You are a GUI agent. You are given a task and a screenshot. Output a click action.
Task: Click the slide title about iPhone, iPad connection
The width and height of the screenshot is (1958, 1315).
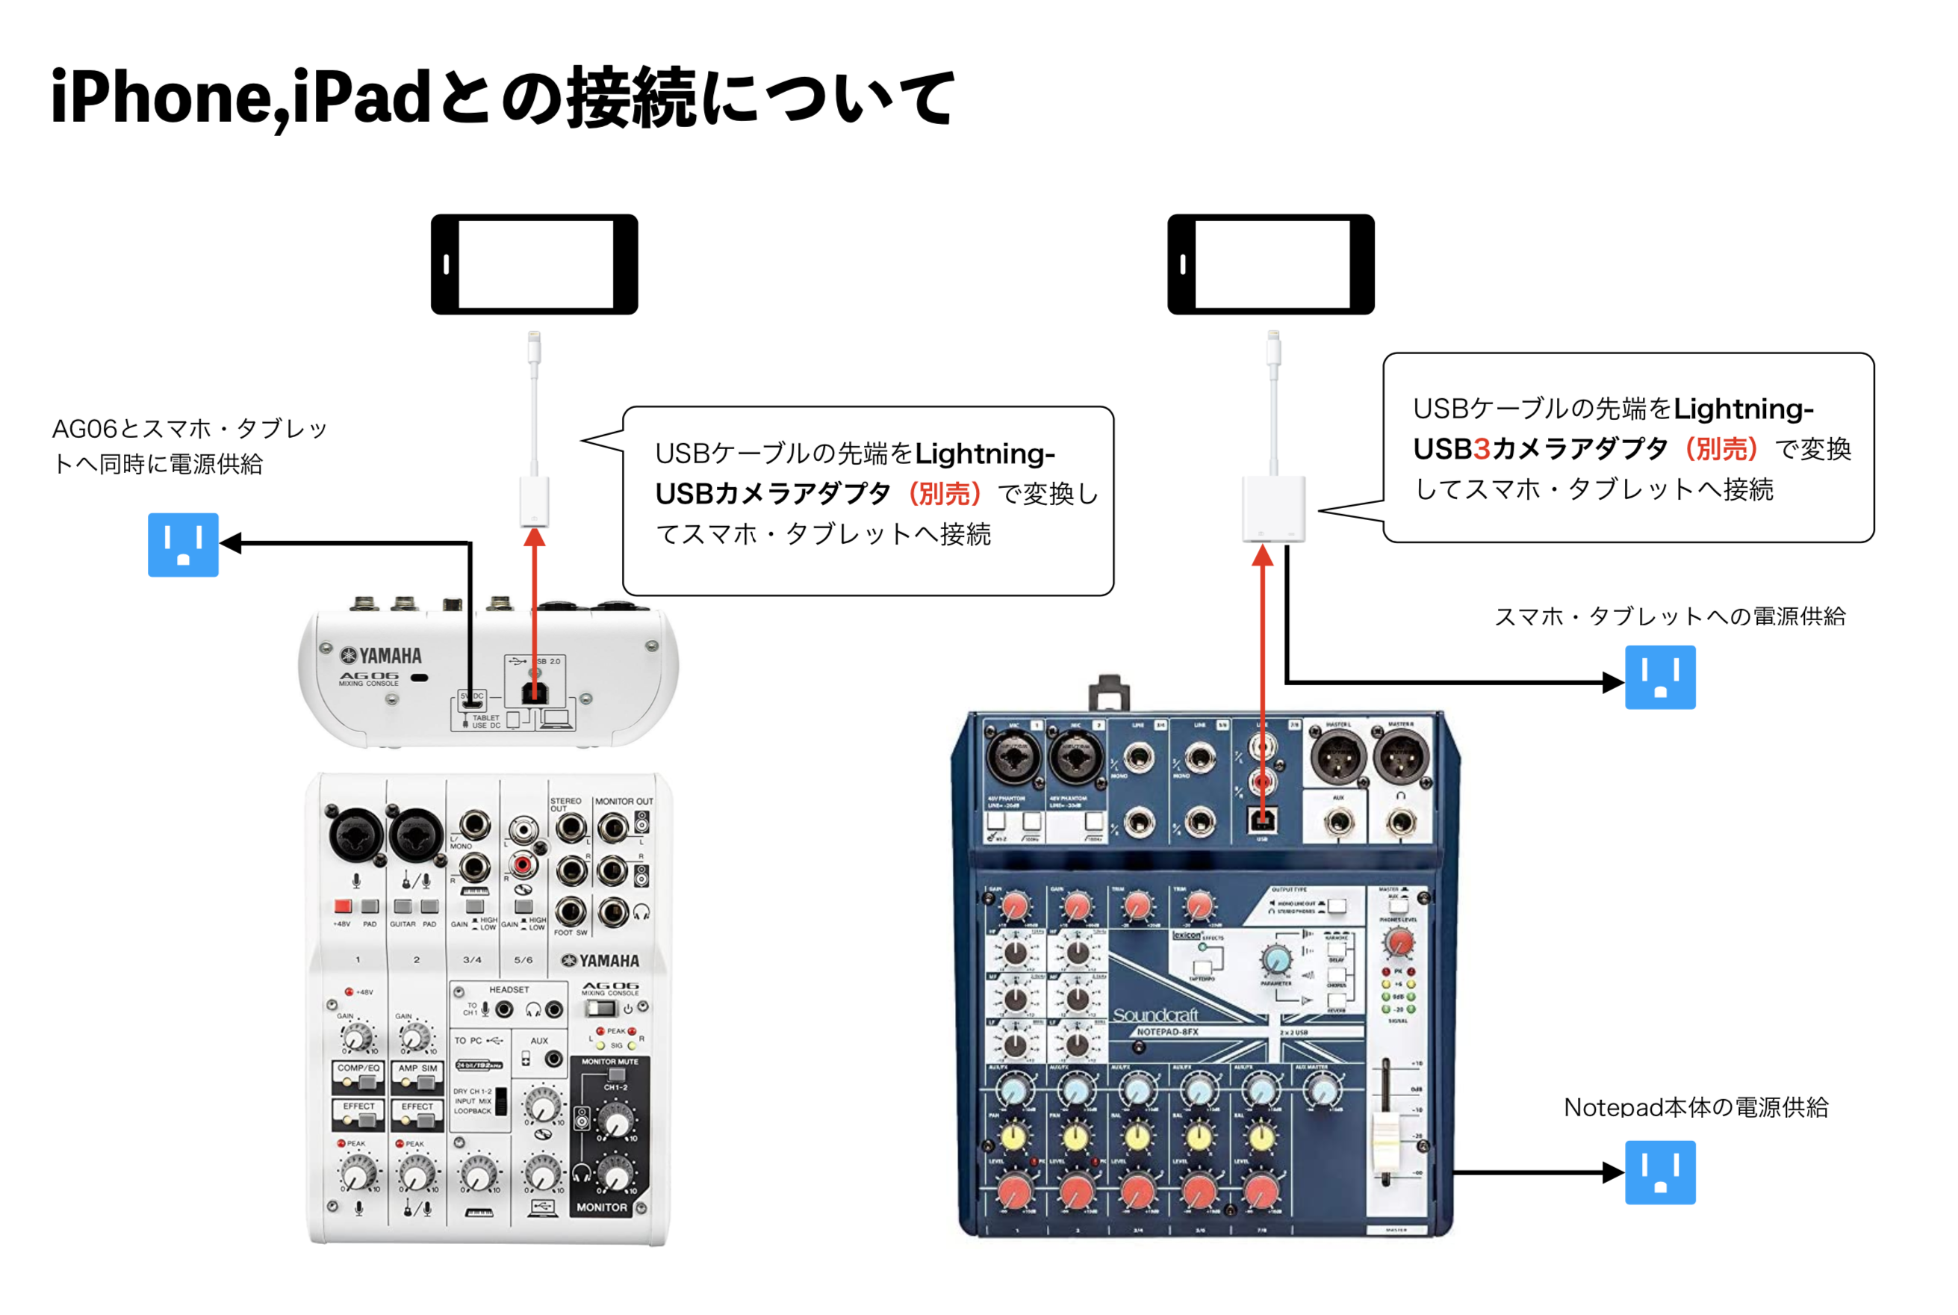pyautogui.click(x=503, y=98)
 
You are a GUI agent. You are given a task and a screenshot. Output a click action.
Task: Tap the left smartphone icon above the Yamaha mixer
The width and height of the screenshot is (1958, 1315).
pyautogui.click(x=534, y=264)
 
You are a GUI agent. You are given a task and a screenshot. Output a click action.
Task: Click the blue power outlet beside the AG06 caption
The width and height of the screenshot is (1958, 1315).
pyautogui.click(x=183, y=544)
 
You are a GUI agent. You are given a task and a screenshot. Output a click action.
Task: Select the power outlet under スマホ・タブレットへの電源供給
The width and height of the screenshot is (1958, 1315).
pyautogui.click(x=1659, y=677)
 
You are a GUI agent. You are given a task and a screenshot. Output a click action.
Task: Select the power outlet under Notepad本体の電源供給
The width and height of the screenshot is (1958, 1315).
pyautogui.click(x=1659, y=1172)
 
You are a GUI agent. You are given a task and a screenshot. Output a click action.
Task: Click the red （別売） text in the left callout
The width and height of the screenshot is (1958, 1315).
pyautogui.click(x=944, y=494)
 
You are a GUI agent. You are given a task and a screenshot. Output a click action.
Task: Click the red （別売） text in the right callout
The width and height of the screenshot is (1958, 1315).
pyautogui.click(x=1720, y=449)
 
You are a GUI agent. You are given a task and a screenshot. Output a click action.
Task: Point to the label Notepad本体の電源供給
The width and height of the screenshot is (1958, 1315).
pyautogui.click(x=1695, y=1107)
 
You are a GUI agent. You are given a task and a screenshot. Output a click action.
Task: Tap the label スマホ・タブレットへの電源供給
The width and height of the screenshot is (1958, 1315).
pyautogui.click(x=1669, y=616)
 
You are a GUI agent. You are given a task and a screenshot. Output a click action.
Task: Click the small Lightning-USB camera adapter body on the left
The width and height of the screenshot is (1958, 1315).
pyautogui.click(x=534, y=501)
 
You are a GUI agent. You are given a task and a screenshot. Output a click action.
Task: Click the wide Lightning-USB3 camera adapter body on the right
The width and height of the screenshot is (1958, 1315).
pyautogui.click(x=1272, y=509)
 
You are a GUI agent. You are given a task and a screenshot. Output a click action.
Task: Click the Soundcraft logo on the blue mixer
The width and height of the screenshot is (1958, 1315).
pyautogui.click(x=1154, y=1015)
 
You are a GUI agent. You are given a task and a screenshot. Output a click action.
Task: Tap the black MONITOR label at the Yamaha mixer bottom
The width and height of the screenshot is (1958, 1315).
pyautogui.click(x=601, y=1207)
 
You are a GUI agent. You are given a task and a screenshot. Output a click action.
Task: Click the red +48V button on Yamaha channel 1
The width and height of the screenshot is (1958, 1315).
pyautogui.click(x=342, y=906)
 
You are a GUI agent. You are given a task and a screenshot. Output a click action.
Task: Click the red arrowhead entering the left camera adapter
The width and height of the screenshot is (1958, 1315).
pyautogui.click(x=534, y=536)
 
